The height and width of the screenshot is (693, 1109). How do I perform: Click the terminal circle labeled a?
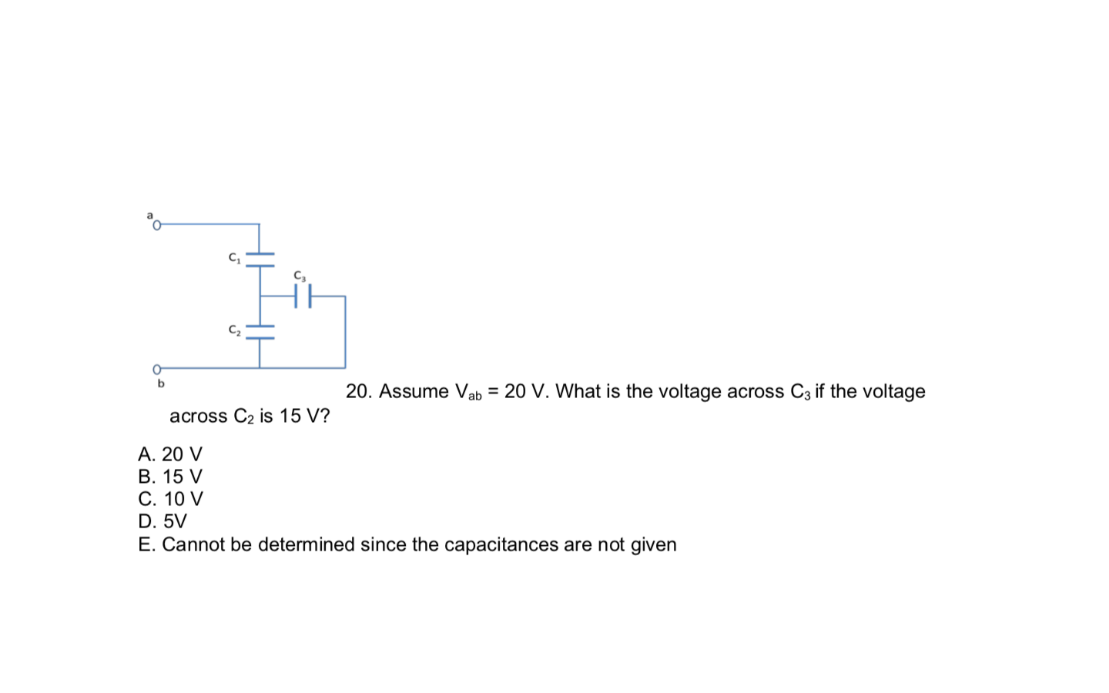(157, 225)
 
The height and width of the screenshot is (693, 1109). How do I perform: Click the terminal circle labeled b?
(157, 369)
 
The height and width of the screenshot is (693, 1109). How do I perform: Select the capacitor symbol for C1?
(260, 259)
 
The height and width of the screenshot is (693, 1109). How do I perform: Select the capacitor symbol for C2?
(260, 331)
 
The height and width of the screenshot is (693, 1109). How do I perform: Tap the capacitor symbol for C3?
(303, 296)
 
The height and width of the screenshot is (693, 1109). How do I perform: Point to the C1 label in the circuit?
(234, 258)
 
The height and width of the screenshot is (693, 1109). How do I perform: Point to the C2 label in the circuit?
(234, 330)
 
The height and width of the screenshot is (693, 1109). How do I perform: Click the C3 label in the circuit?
(300, 276)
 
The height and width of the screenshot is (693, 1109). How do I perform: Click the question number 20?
(358, 392)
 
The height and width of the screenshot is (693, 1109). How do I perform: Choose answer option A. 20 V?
(170, 454)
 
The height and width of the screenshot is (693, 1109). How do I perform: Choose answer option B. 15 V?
(170, 477)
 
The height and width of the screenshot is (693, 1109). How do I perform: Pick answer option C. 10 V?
(170, 499)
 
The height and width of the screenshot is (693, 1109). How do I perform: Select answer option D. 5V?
(162, 521)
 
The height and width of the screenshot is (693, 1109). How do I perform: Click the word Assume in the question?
(414, 392)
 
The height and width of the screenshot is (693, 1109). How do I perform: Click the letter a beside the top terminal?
(150, 215)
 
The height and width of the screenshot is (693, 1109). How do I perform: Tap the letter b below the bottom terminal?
(161, 383)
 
